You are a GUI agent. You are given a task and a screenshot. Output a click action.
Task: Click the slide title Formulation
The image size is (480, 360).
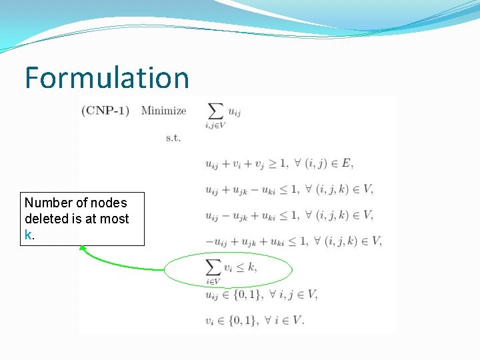point(107,77)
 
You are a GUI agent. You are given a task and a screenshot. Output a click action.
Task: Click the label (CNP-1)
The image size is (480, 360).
point(105,110)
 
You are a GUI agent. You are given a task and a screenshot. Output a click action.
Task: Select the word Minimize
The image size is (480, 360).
point(163,110)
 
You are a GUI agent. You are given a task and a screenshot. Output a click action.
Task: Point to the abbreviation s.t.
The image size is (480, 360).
point(173,138)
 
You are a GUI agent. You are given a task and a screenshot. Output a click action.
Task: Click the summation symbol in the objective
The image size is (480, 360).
point(215,111)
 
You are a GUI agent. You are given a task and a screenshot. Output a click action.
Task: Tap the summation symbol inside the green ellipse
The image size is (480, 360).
point(213,267)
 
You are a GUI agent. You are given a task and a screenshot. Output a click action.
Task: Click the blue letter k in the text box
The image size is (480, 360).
point(28,235)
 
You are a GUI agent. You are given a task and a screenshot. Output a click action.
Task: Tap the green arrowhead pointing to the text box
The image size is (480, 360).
point(83,248)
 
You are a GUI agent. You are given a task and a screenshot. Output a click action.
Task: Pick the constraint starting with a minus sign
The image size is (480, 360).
point(294,241)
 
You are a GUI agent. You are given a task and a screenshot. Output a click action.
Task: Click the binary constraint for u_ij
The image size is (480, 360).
point(261,294)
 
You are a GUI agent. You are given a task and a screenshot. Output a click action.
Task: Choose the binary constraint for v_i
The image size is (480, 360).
point(254,320)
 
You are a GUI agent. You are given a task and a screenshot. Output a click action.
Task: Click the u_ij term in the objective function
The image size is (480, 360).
point(234,112)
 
